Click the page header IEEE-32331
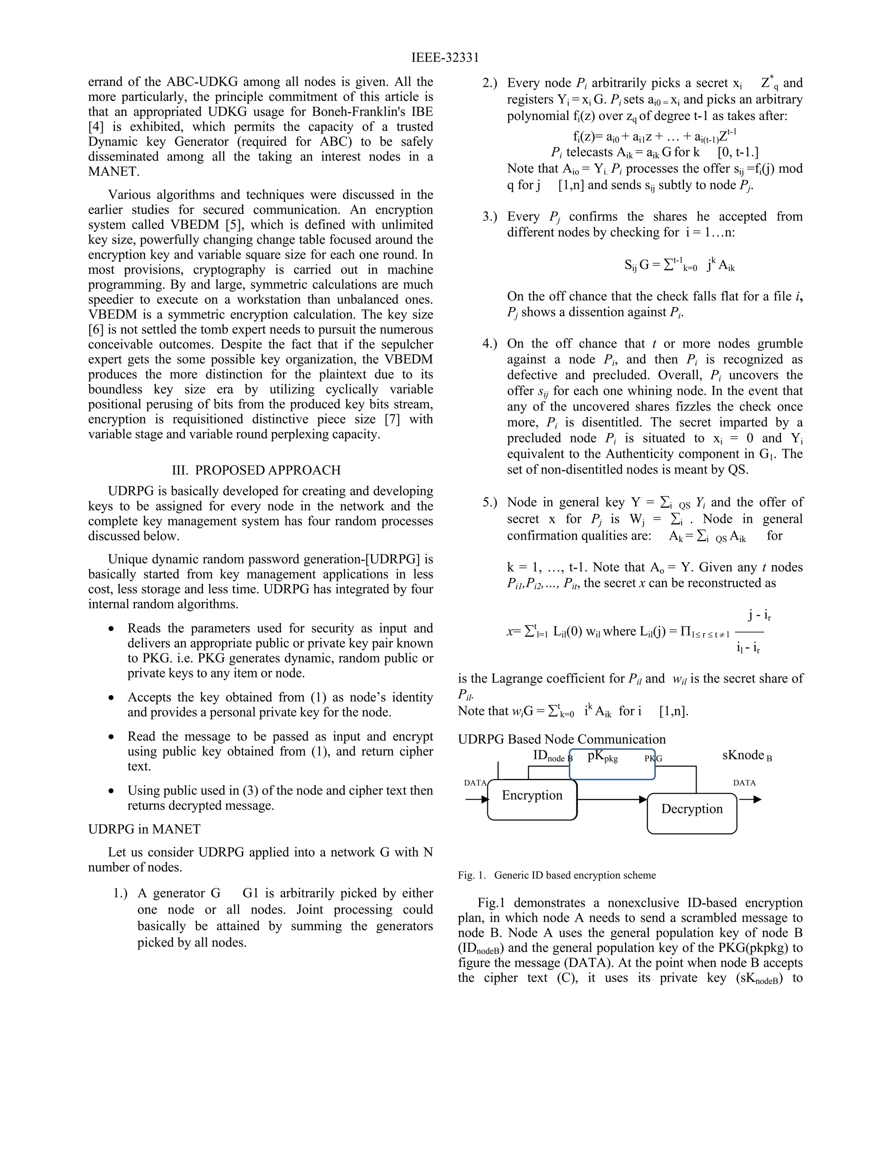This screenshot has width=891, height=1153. click(445, 57)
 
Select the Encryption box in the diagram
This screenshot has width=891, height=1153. click(532, 799)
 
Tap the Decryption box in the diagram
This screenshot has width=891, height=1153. click(691, 813)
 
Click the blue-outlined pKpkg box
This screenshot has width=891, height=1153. click(612, 764)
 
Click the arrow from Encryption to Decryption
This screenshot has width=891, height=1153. click(612, 799)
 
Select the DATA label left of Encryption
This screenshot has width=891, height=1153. click(475, 783)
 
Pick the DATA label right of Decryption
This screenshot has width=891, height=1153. click(744, 783)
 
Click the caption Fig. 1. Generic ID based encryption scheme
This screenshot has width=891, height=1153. click(556, 875)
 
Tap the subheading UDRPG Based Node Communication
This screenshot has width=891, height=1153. click(562, 739)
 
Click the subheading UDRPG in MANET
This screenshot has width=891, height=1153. click(144, 829)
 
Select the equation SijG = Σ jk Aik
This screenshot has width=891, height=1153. click(679, 264)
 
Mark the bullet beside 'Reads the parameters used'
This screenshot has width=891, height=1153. click(111, 629)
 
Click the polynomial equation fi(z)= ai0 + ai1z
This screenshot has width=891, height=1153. click(654, 136)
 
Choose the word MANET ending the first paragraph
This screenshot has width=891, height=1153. click(113, 171)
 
